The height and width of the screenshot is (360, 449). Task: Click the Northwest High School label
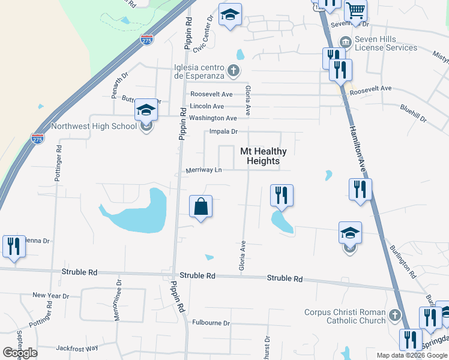pos(94,127)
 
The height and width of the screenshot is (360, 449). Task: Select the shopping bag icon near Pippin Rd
pos(201,207)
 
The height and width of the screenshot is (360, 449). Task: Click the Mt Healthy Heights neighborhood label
pos(264,156)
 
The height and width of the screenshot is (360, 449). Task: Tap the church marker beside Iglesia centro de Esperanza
pos(234,72)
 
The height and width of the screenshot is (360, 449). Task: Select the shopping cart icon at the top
pos(356,10)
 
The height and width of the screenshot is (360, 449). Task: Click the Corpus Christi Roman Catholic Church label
pos(345,316)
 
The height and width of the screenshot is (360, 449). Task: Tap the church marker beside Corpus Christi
pos(394,315)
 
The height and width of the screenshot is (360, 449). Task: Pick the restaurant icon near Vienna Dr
pos(13,246)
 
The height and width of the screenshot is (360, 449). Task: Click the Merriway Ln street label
pos(203,170)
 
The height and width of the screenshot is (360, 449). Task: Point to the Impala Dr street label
pos(224,131)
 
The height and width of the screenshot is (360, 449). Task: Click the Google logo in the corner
pos(20,353)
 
